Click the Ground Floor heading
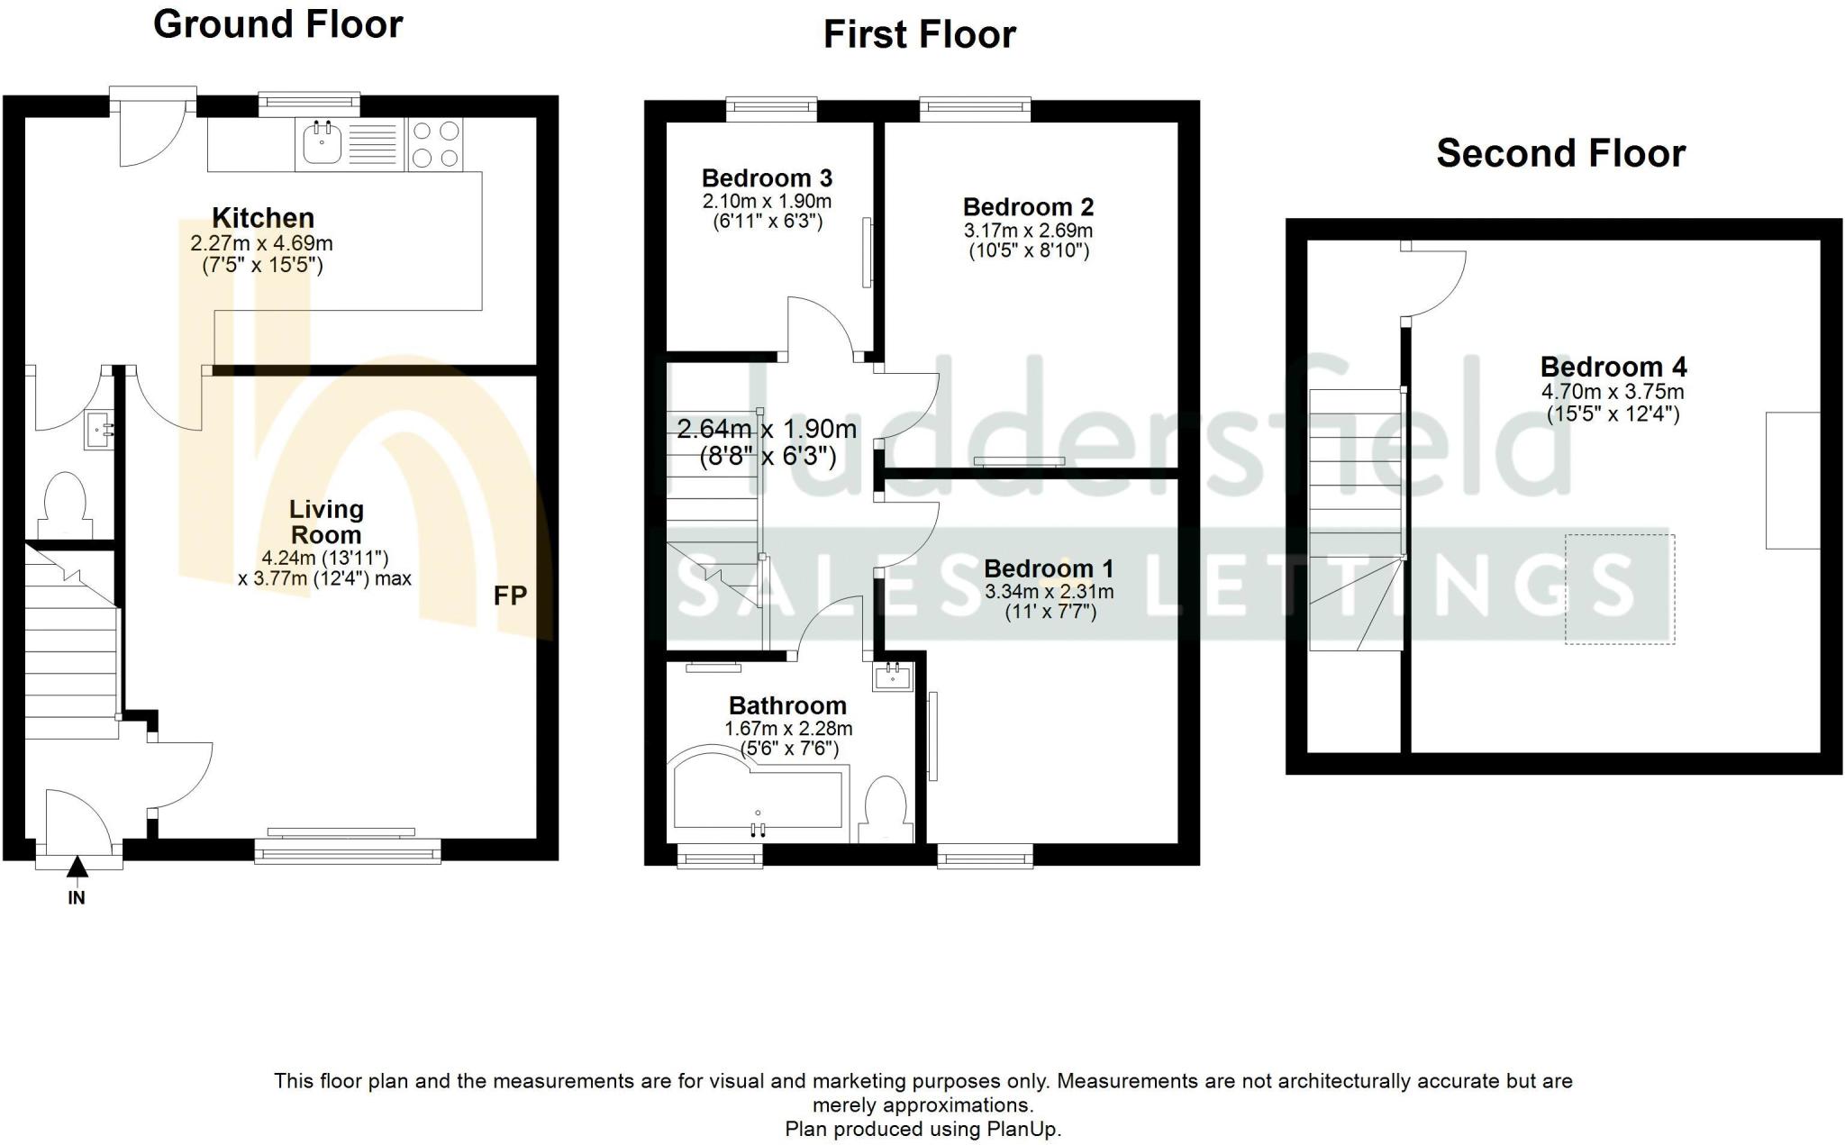pyautogui.click(x=277, y=24)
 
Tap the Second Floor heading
pyautogui.click(x=1560, y=153)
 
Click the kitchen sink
pyautogui.click(x=322, y=144)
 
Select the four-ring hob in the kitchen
pyautogui.click(x=435, y=144)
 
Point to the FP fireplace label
pyautogui.click(x=510, y=595)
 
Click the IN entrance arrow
pyautogui.click(x=77, y=866)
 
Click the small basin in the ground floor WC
pyautogui.click(x=98, y=430)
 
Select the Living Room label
pyautogui.click(x=326, y=522)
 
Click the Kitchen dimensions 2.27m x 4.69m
pyautogui.click(x=261, y=243)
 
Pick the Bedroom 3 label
pyautogui.click(x=767, y=178)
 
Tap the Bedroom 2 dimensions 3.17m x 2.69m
pyautogui.click(x=1028, y=231)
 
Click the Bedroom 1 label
pyautogui.click(x=1049, y=569)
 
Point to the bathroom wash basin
pyautogui.click(x=893, y=675)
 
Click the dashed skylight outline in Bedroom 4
pyautogui.click(x=1620, y=589)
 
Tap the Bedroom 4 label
pyautogui.click(x=1613, y=367)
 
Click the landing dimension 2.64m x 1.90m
pyautogui.click(x=767, y=429)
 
